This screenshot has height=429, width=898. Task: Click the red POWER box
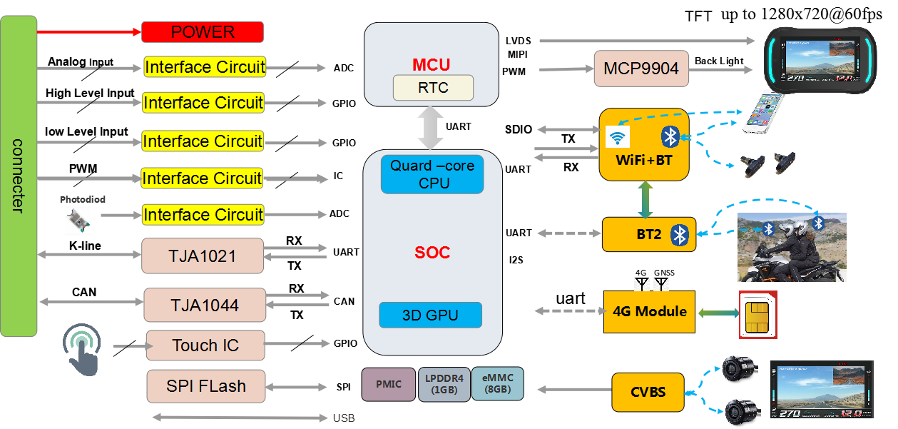203,32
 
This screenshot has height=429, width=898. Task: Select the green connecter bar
19,176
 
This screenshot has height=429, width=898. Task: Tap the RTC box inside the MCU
434,88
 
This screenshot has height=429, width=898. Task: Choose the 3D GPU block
430,315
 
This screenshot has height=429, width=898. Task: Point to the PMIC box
388,384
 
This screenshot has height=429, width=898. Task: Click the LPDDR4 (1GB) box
444,384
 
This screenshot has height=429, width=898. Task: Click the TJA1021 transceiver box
203,256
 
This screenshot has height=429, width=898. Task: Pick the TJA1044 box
204,305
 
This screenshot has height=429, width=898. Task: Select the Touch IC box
205,345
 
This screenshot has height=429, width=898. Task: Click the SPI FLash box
205,386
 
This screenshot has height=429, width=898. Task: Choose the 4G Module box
649,311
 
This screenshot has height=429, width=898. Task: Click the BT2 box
648,234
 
